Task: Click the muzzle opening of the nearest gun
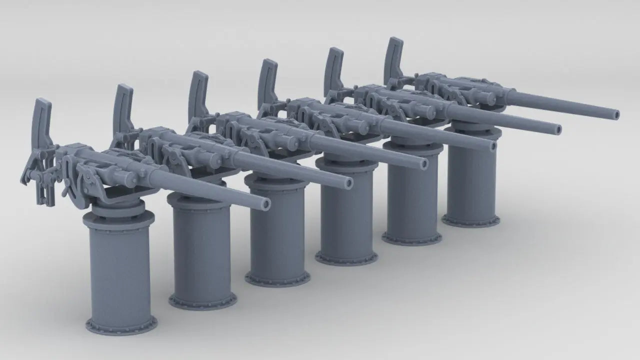point(265,203)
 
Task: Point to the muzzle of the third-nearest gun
point(424,163)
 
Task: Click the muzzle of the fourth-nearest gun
point(492,146)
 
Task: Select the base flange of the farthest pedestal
point(471,220)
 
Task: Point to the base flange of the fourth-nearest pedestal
point(346,258)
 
